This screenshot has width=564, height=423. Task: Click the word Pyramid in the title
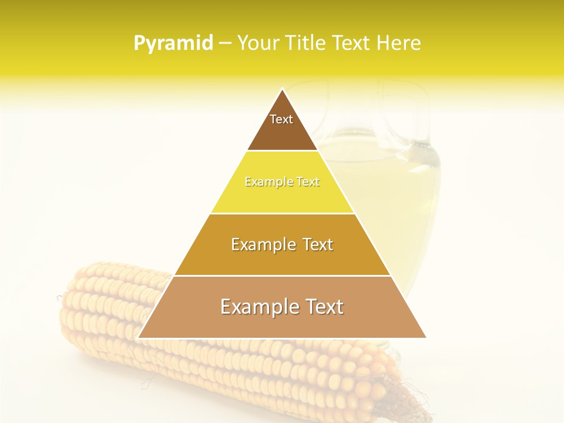[173, 43]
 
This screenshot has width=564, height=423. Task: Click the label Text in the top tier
[281, 119]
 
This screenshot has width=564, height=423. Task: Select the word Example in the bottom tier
[257, 307]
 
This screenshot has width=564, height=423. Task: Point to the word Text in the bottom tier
[321, 307]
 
